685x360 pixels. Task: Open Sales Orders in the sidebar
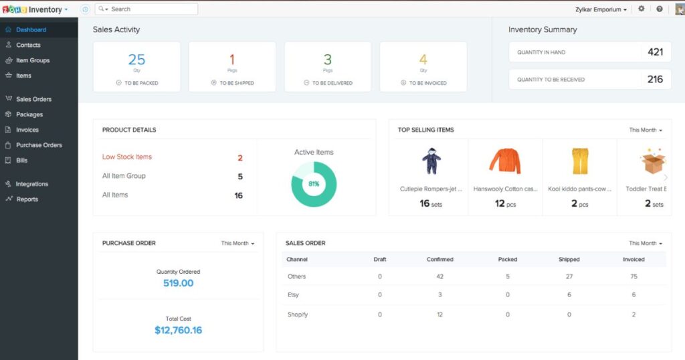(x=33, y=99)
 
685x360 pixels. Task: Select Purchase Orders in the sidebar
(x=39, y=145)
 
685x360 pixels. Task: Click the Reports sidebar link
(x=27, y=199)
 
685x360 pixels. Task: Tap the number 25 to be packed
(x=136, y=60)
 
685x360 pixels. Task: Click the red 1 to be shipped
(x=232, y=60)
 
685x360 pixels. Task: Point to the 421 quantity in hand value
(x=655, y=52)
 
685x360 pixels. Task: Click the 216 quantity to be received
(x=655, y=79)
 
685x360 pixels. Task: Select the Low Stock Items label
(x=127, y=157)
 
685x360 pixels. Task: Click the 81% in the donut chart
(x=314, y=184)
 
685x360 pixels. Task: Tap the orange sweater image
(x=504, y=161)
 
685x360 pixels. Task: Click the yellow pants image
(x=579, y=161)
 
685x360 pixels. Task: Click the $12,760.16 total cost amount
(x=178, y=330)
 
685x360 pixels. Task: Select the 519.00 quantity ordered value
(x=178, y=283)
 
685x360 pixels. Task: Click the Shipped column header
(x=569, y=260)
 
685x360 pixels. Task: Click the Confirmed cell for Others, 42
(x=439, y=276)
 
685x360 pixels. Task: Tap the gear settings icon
(x=642, y=9)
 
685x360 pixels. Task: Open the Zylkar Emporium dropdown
(x=601, y=10)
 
